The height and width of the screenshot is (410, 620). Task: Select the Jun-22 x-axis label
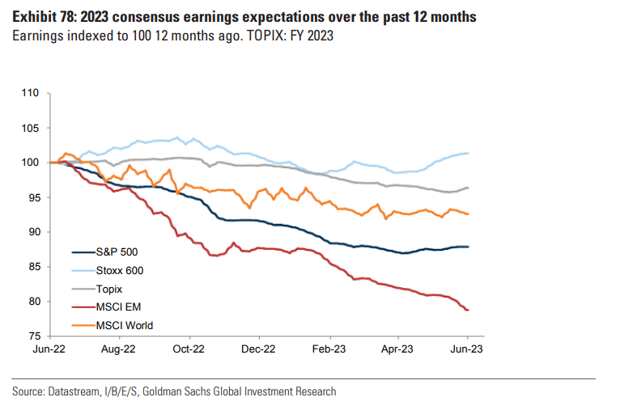point(50,349)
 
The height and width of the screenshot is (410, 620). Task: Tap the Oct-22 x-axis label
point(190,349)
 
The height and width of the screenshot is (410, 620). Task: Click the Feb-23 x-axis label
point(329,349)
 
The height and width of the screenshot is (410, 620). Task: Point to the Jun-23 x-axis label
point(468,349)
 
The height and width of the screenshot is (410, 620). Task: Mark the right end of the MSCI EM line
point(469,310)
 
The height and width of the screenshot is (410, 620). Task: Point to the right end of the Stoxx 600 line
point(469,154)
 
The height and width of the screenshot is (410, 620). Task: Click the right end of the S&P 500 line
point(469,247)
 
